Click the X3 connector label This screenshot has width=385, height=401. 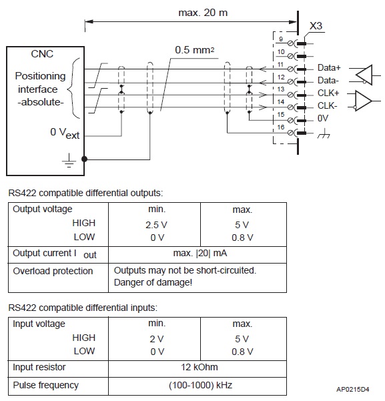click(316, 26)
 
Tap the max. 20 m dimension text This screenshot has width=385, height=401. click(203, 13)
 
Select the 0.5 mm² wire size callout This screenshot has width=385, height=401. click(194, 50)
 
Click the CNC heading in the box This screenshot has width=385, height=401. click(42, 53)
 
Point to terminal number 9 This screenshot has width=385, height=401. click(281, 39)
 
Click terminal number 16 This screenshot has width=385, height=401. click(281, 127)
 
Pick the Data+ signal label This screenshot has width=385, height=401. click(329, 68)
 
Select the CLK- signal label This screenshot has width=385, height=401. click(328, 105)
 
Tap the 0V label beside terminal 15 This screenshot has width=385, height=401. click(323, 118)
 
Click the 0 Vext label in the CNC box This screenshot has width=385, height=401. click(65, 133)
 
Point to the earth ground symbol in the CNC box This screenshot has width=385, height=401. click(69, 160)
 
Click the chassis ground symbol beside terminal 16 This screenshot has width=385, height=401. click(324, 133)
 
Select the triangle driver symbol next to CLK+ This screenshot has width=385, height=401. click(363, 101)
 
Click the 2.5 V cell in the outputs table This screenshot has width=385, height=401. click(156, 225)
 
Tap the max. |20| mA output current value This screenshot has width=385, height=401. click(200, 253)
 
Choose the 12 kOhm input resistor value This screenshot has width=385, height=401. click(200, 367)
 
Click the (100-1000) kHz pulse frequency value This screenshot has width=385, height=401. click(201, 385)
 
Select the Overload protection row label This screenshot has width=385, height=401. click(53, 271)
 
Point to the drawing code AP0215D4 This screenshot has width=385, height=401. click(353, 390)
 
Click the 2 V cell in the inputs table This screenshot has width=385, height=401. click(157, 339)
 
